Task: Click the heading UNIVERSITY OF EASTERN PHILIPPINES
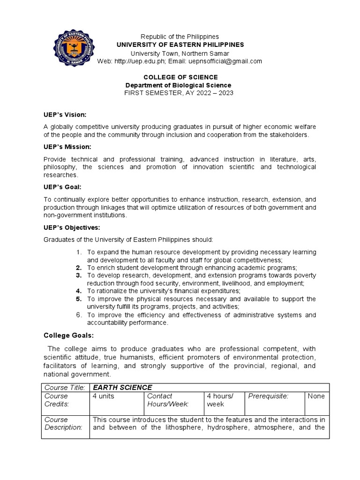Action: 180,45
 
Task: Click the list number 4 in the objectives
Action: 79,291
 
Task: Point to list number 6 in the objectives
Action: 79,315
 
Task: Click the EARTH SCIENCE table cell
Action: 122,387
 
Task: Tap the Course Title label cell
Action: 65,387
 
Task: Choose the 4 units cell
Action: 104,396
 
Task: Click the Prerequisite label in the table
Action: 268,396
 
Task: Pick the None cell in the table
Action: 316,396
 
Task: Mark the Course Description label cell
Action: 63,423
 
